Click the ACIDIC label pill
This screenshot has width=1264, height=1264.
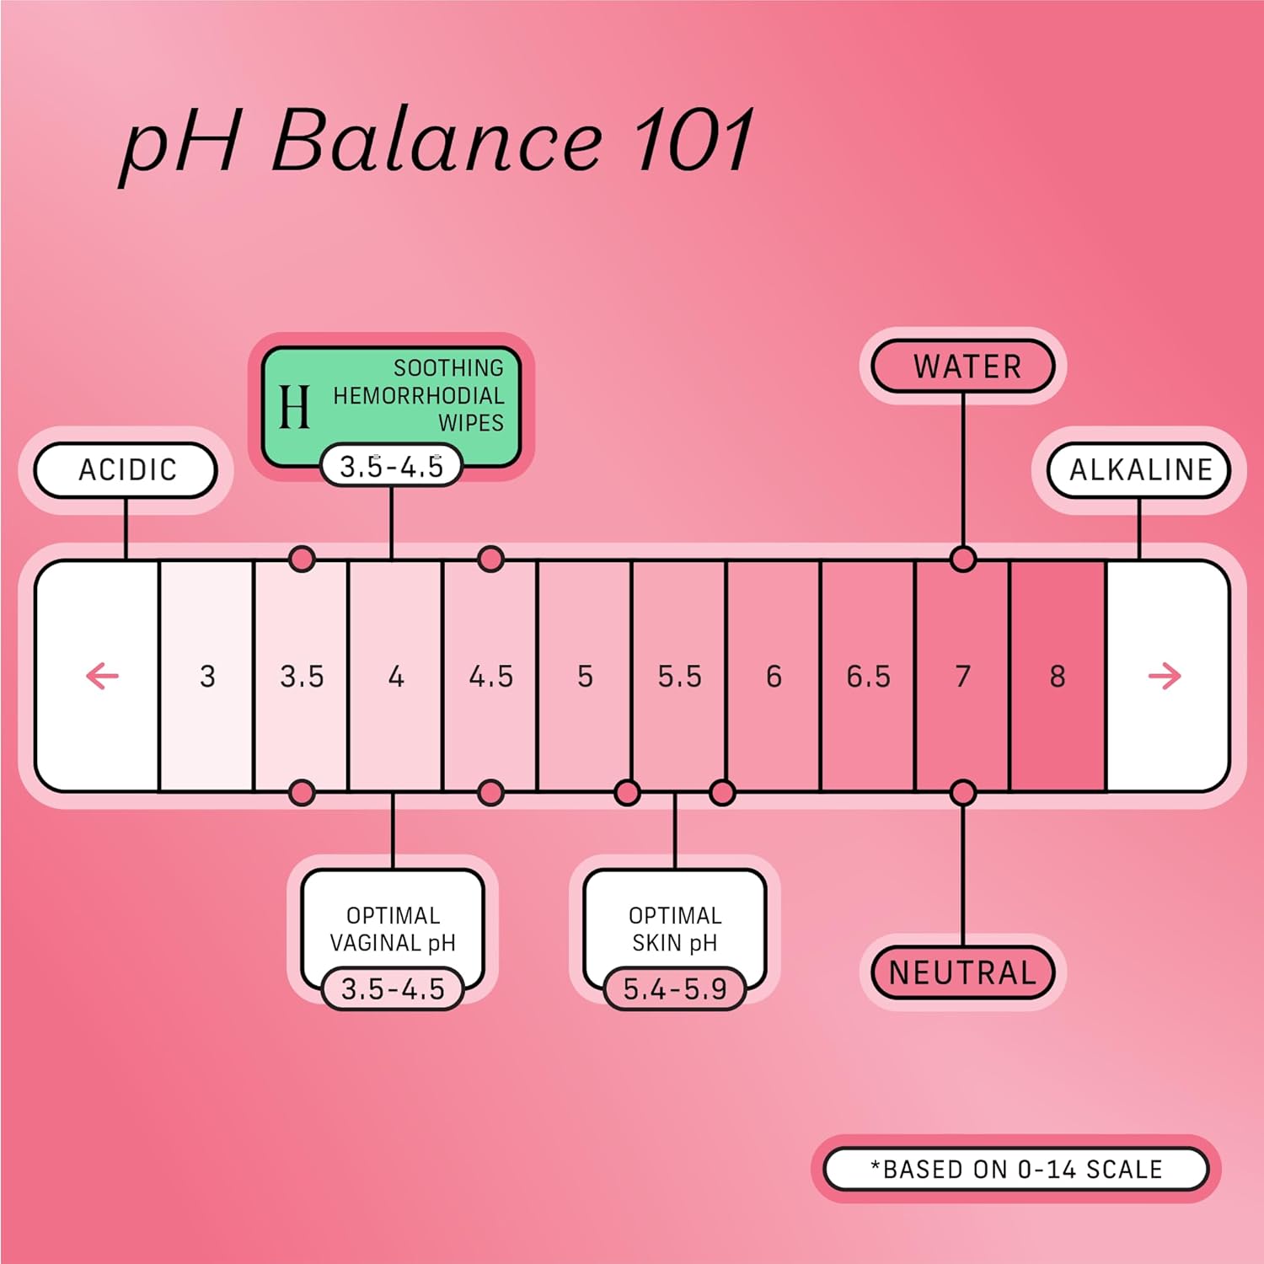(x=126, y=469)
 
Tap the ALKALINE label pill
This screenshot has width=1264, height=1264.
(x=1139, y=469)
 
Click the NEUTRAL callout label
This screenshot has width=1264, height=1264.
(x=962, y=972)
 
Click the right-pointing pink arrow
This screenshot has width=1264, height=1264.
(x=1165, y=676)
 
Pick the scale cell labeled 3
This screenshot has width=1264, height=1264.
(x=207, y=676)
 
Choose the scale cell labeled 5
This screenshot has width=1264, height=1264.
(x=585, y=676)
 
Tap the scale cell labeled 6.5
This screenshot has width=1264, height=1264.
(x=868, y=676)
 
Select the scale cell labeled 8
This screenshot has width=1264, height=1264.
(x=1058, y=676)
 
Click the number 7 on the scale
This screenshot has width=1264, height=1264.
(x=962, y=676)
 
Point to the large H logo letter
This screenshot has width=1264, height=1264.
(x=294, y=407)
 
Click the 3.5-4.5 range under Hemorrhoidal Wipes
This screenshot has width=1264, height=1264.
(x=391, y=466)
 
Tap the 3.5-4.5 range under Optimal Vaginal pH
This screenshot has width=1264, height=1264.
(x=393, y=988)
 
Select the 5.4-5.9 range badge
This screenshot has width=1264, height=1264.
(x=675, y=988)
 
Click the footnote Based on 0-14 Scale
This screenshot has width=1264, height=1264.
(x=1015, y=1169)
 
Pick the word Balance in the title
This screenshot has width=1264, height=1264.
(x=436, y=141)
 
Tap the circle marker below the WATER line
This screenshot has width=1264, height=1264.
(x=962, y=559)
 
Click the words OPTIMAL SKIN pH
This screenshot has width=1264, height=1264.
(x=675, y=929)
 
